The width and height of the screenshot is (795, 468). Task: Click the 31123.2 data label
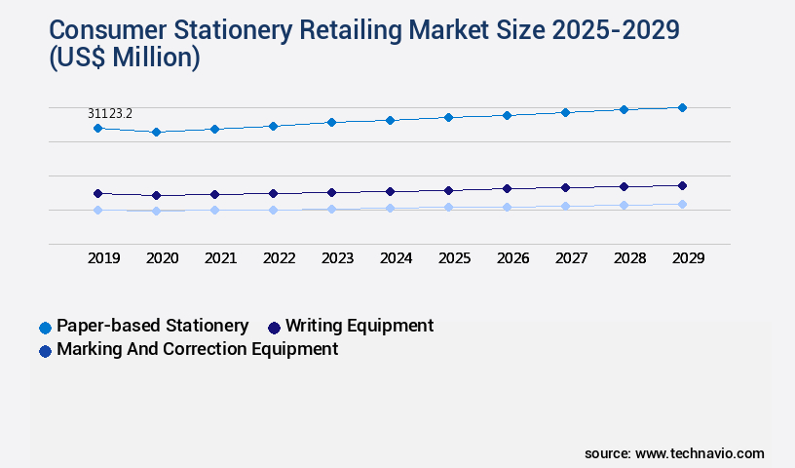click(x=110, y=114)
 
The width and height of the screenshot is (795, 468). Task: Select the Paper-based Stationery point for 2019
click(x=97, y=128)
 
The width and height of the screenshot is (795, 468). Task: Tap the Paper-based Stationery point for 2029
click(x=682, y=107)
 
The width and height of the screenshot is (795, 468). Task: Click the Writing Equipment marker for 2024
click(x=390, y=191)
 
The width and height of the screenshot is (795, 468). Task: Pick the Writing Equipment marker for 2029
click(x=682, y=185)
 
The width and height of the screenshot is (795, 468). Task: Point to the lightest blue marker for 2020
click(x=156, y=211)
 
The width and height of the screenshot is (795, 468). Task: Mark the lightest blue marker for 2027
click(x=565, y=206)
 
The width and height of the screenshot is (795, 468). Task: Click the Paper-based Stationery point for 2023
click(x=331, y=122)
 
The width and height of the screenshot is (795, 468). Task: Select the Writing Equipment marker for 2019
click(x=97, y=193)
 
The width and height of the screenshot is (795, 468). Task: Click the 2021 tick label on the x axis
click(x=220, y=258)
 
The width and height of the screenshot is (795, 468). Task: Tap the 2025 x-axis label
click(x=454, y=258)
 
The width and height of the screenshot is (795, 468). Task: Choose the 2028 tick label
click(x=629, y=258)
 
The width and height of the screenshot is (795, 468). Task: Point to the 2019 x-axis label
click(x=103, y=258)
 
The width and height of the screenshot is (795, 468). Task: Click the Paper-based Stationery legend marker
click(x=45, y=328)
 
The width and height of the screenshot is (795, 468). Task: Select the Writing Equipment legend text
click(x=360, y=326)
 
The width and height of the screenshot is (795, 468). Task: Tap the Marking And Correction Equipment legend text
click(x=197, y=349)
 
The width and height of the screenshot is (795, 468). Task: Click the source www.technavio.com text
click(x=674, y=453)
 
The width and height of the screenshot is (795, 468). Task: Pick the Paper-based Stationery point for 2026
click(x=507, y=115)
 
